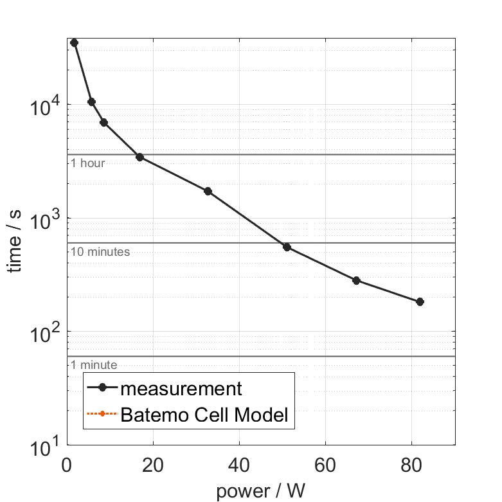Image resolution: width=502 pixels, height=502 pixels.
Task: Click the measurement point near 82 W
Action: click(420, 301)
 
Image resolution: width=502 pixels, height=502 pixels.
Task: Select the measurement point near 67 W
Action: click(356, 280)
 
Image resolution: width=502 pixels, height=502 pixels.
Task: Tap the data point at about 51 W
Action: click(287, 247)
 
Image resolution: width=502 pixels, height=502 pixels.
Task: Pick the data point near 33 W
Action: click(208, 191)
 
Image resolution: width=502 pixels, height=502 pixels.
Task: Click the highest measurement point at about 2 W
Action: click(74, 42)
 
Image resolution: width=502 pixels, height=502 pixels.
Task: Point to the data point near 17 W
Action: click(139, 157)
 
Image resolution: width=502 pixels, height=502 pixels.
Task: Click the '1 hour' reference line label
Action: click(87, 163)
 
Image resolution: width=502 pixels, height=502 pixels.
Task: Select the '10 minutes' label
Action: click(100, 252)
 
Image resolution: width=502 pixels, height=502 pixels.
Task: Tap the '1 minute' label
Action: click(94, 365)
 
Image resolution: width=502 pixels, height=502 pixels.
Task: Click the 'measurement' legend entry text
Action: click(181, 388)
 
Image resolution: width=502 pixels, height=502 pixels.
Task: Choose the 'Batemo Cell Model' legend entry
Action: click(205, 415)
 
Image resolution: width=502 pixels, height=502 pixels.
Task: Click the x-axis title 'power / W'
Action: click(260, 491)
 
